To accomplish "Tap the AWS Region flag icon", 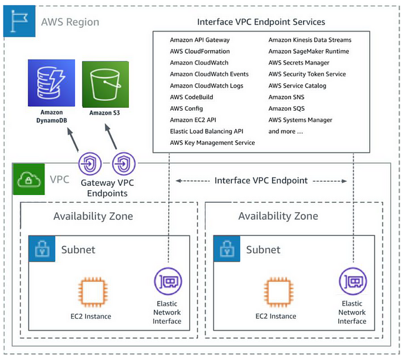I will point(20,22).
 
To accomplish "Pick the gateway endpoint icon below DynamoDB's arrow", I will point(91,162).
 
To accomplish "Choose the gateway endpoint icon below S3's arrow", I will point(124,162).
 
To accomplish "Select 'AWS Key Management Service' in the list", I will point(212,142).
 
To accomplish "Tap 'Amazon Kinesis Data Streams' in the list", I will point(310,40).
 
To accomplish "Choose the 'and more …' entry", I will point(286,131).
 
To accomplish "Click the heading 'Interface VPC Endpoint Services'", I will point(261,22).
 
